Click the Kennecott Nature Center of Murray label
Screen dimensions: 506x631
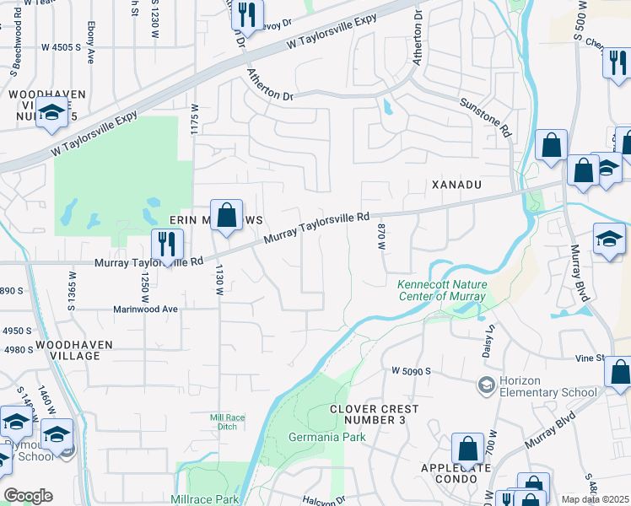[442, 291]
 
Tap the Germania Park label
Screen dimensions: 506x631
[327, 437]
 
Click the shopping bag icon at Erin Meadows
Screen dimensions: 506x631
[227, 215]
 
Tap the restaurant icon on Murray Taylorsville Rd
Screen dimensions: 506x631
[167, 245]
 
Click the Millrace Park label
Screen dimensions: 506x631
[206, 499]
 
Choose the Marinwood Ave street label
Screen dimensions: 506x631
[146, 309]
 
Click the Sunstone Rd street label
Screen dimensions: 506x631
[486, 117]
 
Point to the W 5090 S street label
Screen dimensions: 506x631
[411, 370]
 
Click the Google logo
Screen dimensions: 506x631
[28, 496]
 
